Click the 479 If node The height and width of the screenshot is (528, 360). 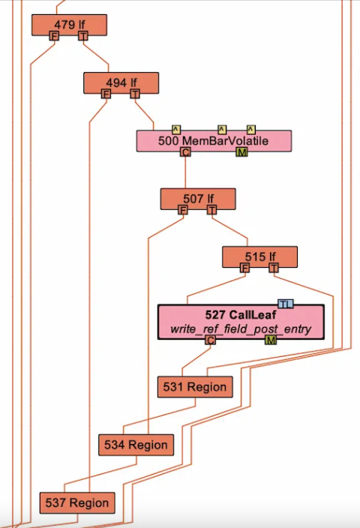(69, 25)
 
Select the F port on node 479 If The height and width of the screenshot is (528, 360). (54, 36)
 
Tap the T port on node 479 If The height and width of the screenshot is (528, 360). (82, 36)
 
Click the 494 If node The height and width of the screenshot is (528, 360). (121, 82)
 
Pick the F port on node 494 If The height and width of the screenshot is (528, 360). (106, 94)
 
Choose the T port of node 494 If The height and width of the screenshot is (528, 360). (135, 94)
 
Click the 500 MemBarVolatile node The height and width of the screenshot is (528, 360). (214, 141)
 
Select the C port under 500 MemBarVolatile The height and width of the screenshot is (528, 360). (185, 152)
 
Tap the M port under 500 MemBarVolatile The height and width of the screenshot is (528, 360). (241, 152)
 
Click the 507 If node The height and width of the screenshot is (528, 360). (198, 199)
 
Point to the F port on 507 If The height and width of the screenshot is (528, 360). (182, 210)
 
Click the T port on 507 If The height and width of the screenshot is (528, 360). (211, 210)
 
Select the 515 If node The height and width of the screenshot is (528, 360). (260, 257)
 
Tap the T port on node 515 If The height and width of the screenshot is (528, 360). (274, 268)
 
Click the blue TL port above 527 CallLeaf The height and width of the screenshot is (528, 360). (286, 304)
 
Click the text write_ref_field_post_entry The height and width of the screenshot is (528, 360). (241, 328)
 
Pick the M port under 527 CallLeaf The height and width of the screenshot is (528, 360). (271, 340)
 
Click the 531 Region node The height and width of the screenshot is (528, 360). (195, 387)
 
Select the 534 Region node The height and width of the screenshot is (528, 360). (136, 445)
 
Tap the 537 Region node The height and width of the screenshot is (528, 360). (77, 503)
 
